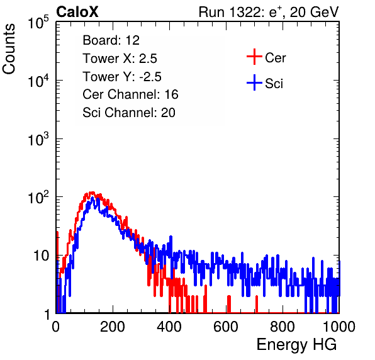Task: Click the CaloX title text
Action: (77, 12)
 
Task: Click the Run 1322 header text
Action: (269, 12)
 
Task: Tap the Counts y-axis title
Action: (9, 49)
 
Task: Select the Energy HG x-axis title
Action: (296, 345)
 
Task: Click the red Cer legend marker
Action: (254, 57)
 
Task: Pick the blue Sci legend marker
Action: (254, 83)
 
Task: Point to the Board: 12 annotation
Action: (111, 40)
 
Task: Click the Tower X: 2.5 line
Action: (120, 59)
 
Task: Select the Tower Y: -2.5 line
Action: (122, 77)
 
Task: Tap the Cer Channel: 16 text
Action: (130, 94)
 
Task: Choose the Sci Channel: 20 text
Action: (129, 113)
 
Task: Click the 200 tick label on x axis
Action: (113, 327)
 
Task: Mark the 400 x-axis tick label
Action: (169, 327)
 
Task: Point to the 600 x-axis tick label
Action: (226, 327)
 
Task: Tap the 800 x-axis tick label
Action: (283, 327)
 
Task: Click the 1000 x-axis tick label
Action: (339, 327)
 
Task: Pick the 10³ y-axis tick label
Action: (38, 138)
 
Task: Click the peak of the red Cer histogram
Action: (91, 193)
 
